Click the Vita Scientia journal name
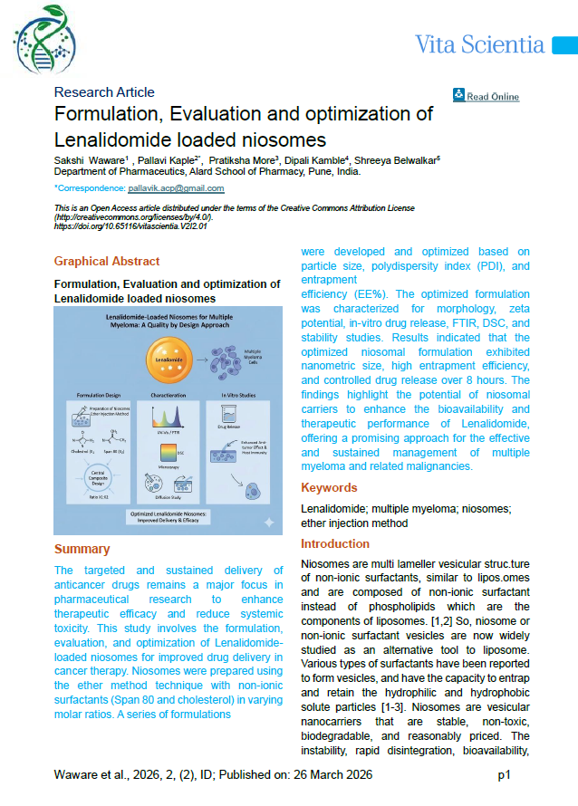pos(479,44)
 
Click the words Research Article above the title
pos(104,92)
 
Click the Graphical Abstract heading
pos(107,262)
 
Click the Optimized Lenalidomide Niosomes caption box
pos(172,517)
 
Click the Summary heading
pos(82,549)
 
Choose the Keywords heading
pos(329,488)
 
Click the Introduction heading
pos(335,544)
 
